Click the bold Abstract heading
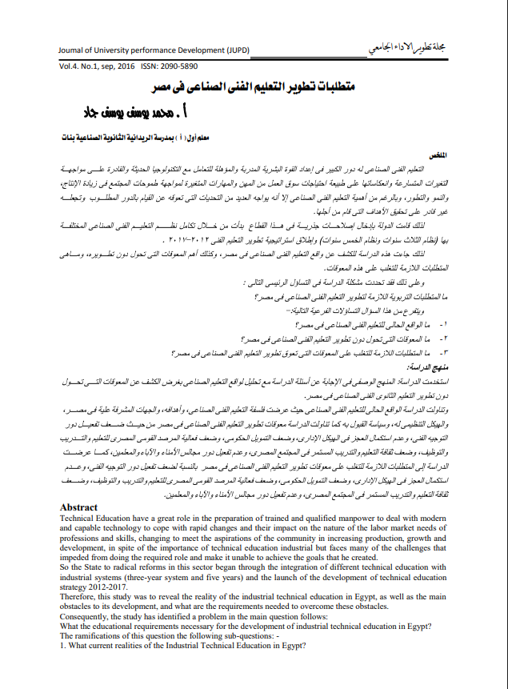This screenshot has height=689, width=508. click(x=78, y=507)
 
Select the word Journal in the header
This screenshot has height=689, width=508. click(x=74, y=50)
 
